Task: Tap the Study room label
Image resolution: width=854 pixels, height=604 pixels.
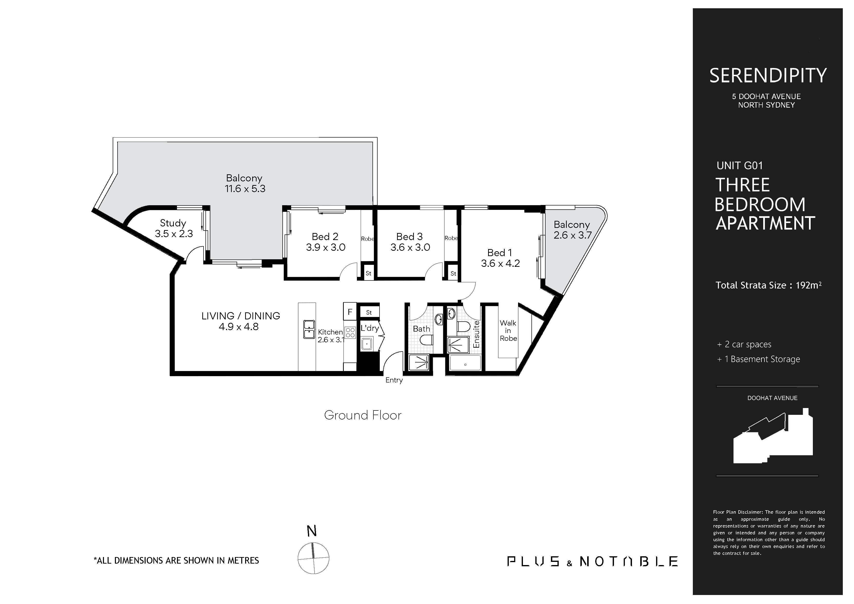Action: [x=173, y=223]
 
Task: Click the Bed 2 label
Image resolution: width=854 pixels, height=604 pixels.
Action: [x=325, y=237]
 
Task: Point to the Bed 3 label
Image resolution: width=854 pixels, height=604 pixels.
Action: [x=409, y=237]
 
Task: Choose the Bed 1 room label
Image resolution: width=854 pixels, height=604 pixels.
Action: [x=500, y=253]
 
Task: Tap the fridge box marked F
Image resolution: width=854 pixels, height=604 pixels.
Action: [x=350, y=312]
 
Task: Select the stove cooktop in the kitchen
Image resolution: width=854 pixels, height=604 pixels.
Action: [x=350, y=333]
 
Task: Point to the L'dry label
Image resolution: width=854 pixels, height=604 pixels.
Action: [x=370, y=328]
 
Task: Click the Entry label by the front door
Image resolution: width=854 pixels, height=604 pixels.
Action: [x=394, y=380]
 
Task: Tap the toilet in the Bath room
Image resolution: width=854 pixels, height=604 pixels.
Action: [x=426, y=340]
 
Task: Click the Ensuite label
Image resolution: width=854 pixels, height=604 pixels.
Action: [x=476, y=334]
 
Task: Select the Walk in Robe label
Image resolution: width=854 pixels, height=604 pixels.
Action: [x=508, y=331]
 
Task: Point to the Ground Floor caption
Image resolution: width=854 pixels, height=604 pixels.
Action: [x=363, y=415]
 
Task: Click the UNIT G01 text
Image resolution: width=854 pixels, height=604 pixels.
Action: [x=739, y=166]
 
